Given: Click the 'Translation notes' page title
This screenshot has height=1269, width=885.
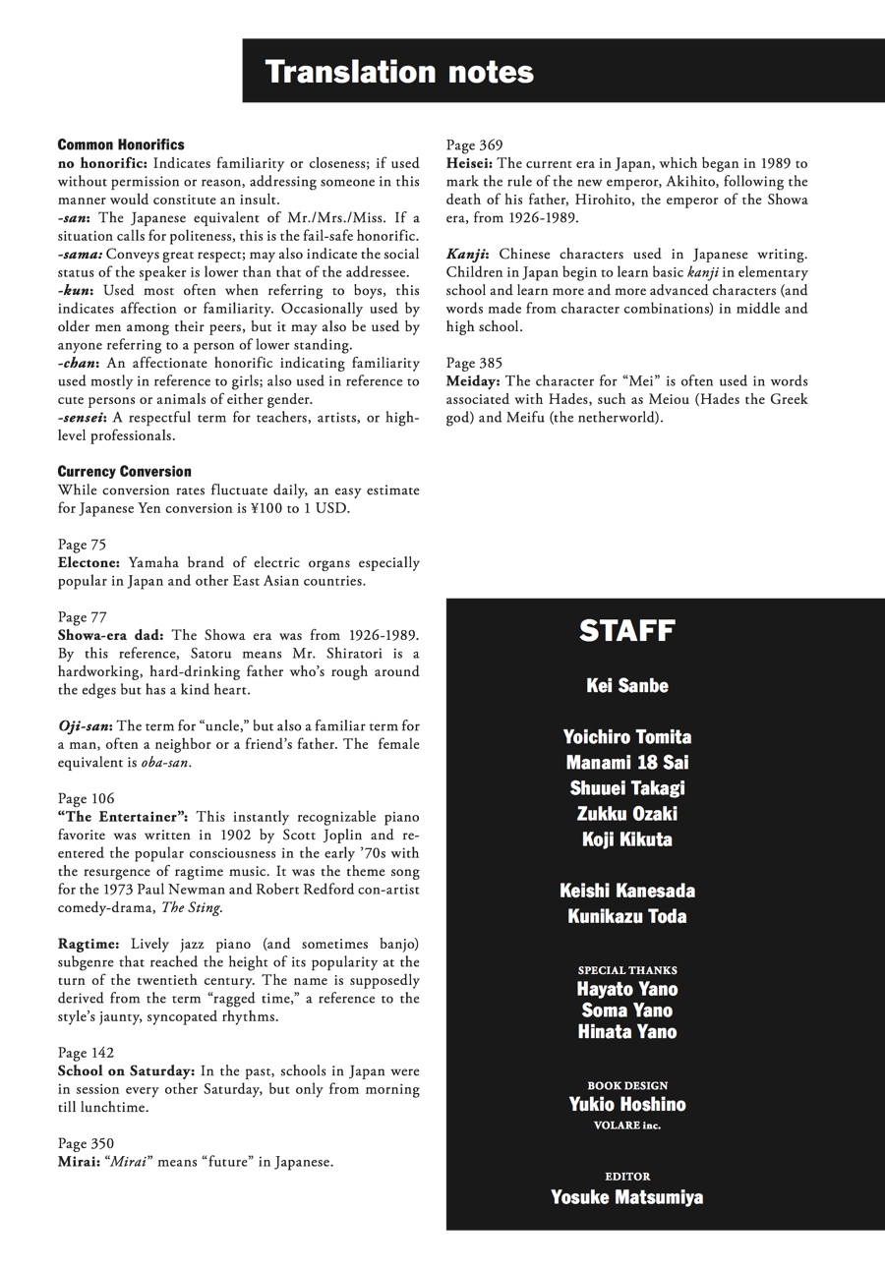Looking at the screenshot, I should tap(399, 72).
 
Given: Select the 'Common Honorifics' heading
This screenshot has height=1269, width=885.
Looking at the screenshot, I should tap(121, 144).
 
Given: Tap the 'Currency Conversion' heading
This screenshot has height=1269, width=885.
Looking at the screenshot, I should tap(125, 471).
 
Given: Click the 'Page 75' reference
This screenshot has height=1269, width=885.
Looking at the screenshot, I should tap(82, 544).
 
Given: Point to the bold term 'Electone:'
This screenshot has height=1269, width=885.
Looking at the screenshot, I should tap(89, 562).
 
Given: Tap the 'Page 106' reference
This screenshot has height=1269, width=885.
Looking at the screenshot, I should tap(86, 798).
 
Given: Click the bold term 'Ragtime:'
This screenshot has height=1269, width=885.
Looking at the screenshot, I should tap(88, 944).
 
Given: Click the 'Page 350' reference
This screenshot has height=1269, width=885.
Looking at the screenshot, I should tap(86, 1143).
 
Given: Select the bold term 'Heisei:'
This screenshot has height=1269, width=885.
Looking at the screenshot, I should tap(469, 163).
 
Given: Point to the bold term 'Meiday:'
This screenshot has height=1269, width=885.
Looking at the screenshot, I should tap(473, 380).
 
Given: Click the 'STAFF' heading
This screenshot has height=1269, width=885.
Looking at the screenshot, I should tap(626, 631).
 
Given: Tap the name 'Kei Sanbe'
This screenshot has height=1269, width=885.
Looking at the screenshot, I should tap(626, 686).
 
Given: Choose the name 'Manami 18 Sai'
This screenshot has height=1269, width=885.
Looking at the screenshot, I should tap(626, 763).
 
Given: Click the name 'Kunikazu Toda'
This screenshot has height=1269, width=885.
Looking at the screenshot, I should tap(626, 916).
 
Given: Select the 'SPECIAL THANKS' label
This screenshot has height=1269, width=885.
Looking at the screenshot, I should tap(626, 970).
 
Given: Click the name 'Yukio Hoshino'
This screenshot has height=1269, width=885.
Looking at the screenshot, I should tap(626, 1104).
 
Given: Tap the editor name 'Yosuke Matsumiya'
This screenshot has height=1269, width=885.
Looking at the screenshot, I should tap(626, 1196).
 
